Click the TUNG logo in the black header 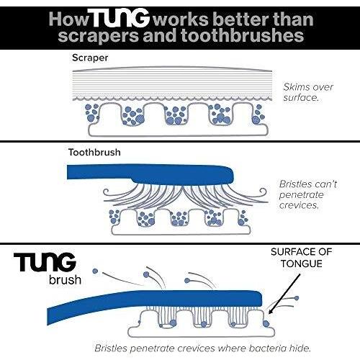tap(120, 18)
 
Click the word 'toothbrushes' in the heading tap(243, 35)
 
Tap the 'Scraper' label tap(90, 58)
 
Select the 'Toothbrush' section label tap(94, 153)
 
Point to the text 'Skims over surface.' tap(308, 92)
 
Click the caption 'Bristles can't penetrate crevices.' tap(308, 194)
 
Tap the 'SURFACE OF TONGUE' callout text tap(302, 258)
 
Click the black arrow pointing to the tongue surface tap(284, 294)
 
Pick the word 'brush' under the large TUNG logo tap(65, 280)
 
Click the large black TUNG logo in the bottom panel tap(45, 262)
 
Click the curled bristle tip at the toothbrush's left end tap(107, 192)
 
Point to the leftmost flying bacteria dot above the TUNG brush tap(95, 271)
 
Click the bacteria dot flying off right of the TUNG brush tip tap(297, 298)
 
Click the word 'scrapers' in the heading tap(99, 36)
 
